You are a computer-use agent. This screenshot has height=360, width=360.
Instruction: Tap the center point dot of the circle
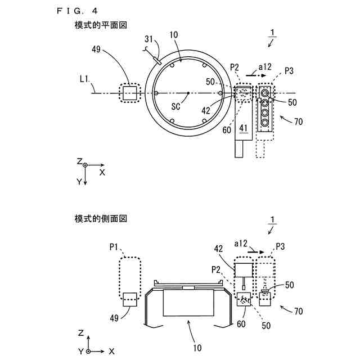187,93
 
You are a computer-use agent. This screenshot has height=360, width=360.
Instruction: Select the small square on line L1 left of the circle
130,93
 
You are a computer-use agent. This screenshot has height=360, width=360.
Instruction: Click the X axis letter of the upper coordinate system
102,173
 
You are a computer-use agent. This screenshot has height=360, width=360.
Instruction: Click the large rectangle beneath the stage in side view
188,304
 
